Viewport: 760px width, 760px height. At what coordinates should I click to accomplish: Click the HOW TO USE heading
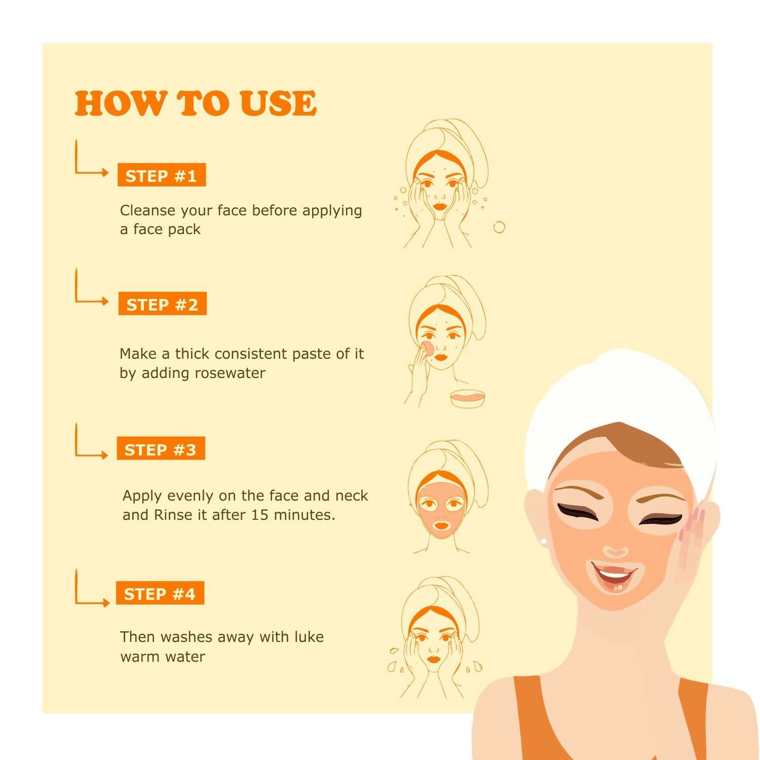click(196, 103)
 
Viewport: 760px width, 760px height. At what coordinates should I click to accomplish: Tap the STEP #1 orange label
click(162, 175)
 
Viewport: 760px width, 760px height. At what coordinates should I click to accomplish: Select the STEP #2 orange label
click(163, 304)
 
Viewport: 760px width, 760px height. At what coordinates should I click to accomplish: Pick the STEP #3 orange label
click(161, 448)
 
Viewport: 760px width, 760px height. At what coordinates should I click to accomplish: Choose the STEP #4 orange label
click(160, 593)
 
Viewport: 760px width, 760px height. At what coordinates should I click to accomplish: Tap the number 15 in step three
click(259, 515)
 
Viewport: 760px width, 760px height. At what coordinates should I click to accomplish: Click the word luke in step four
click(309, 636)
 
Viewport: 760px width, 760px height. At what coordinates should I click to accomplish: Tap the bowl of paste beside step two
click(468, 399)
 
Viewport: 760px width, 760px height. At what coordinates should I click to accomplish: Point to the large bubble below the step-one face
click(499, 227)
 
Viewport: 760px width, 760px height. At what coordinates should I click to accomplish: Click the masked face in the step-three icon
click(442, 509)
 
